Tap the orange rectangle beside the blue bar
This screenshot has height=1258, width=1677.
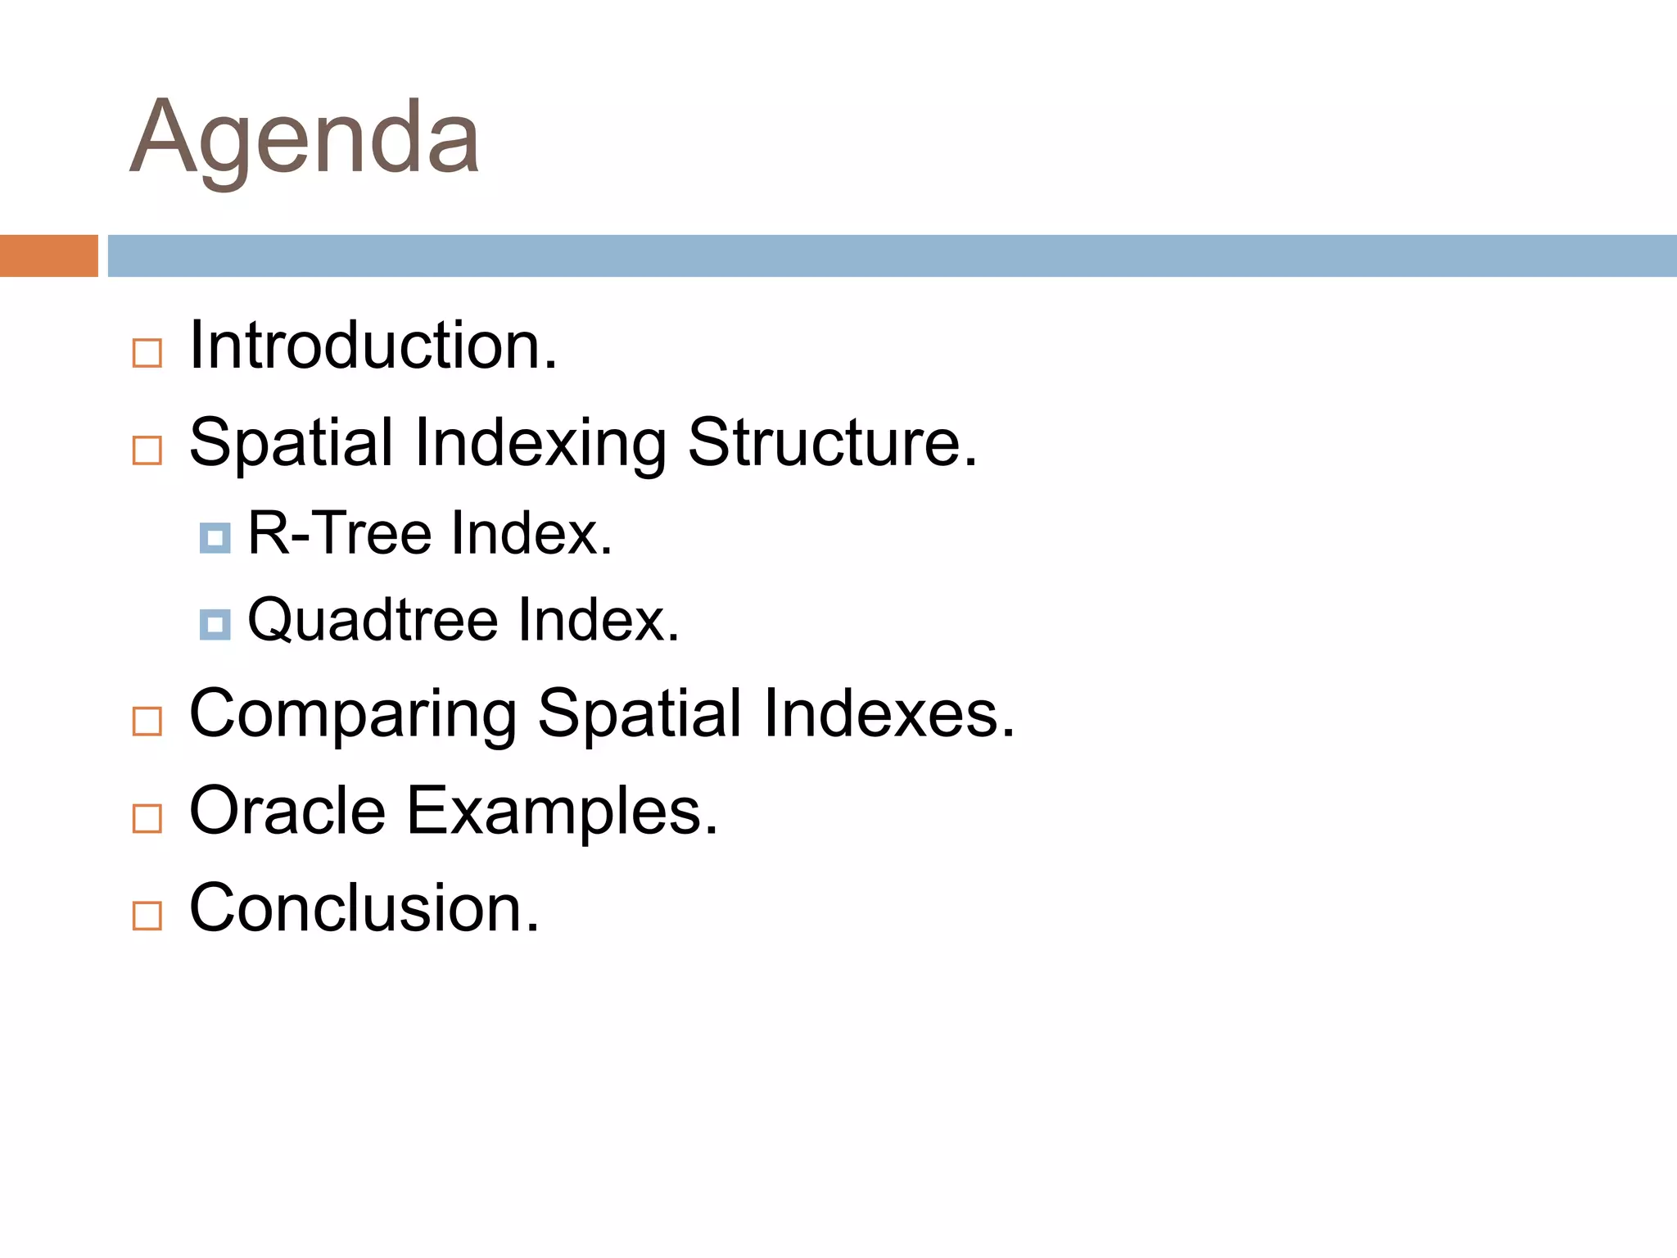click(48, 256)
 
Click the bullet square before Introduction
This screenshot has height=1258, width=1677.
click(147, 354)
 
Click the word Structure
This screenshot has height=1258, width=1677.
click(832, 442)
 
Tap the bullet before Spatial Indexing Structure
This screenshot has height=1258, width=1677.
click(147, 450)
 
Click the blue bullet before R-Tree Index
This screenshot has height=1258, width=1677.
click(215, 538)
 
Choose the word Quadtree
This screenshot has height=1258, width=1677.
click(373, 620)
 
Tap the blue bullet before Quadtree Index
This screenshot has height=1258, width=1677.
click(215, 625)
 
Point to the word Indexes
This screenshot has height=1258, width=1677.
click(888, 713)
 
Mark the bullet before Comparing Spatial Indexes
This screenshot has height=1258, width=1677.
click(147, 722)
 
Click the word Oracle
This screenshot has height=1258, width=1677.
click(287, 811)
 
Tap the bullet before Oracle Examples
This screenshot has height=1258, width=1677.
click(147, 818)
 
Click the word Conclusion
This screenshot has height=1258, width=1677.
click(364, 907)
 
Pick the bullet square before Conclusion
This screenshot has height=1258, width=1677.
click(147, 916)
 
